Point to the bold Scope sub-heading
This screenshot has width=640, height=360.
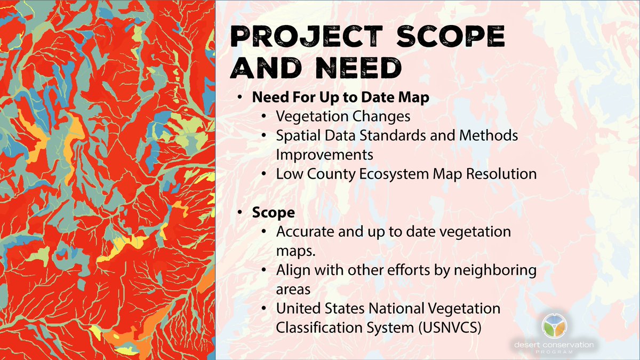coord(274,212)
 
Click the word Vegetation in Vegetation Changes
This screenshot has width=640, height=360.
coord(309,116)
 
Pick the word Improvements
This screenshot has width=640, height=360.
coord(324,154)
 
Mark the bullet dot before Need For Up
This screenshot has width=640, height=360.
coord(241,99)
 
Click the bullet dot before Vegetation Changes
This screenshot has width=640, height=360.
coord(265,117)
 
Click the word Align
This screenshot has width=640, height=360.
coord(291,270)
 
